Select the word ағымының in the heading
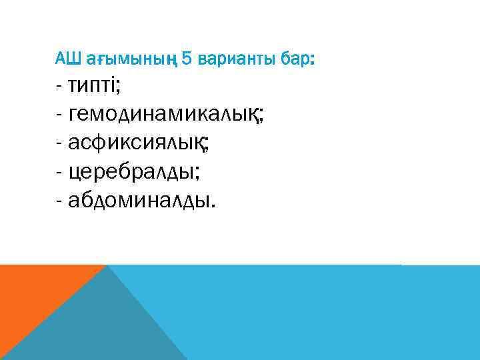pyautogui.click(x=130, y=61)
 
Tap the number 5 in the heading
pyautogui.click(x=186, y=60)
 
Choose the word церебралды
pyautogui.click(x=133, y=171)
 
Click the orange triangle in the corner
pyautogui.click(x=33, y=293)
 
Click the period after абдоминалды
pyautogui.click(x=214, y=205)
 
